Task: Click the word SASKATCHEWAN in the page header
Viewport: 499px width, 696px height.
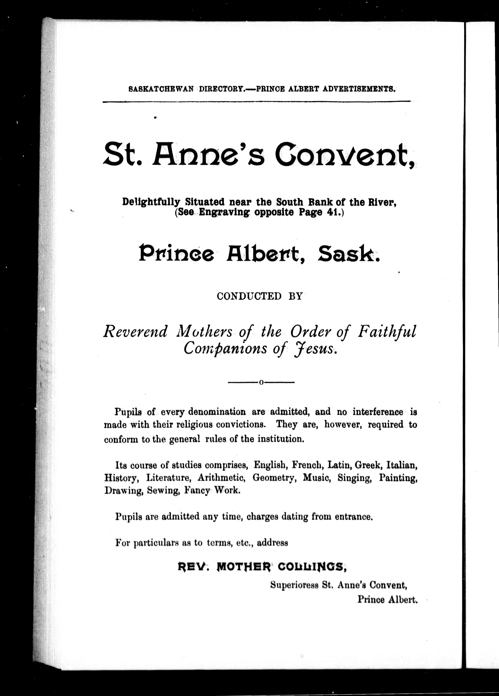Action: (161, 89)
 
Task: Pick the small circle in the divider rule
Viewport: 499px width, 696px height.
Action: (261, 383)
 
